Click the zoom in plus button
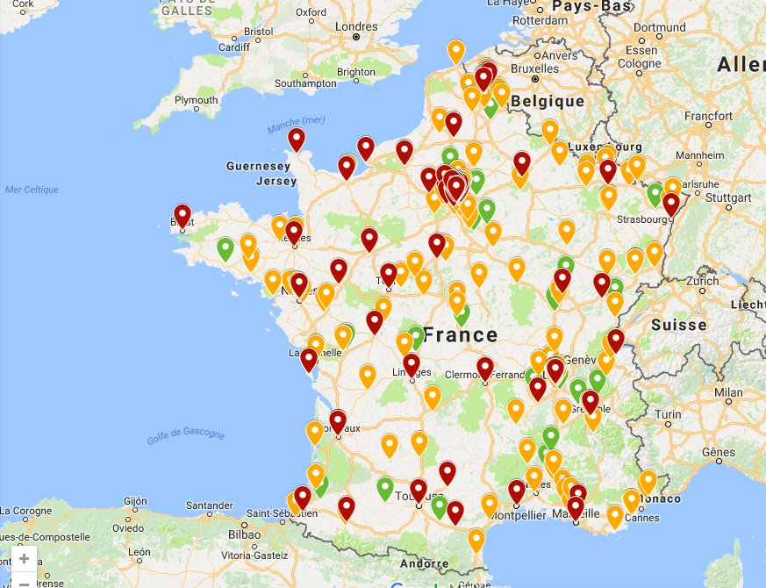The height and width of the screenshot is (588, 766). click(24, 558)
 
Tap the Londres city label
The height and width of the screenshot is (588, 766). click(356, 25)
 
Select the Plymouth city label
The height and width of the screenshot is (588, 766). click(196, 101)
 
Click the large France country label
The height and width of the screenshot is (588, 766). click(460, 335)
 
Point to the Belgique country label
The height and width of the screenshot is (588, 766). click(548, 102)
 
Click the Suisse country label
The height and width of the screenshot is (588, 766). click(678, 325)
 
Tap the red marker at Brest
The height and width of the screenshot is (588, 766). click(183, 215)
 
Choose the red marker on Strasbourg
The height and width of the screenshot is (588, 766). click(671, 204)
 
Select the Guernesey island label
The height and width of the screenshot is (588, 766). click(258, 166)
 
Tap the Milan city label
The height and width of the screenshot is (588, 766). click(727, 393)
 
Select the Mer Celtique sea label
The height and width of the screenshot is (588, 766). click(32, 190)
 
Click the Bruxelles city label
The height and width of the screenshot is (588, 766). click(534, 68)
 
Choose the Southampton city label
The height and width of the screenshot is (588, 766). click(304, 83)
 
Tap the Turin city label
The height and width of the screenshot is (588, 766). click(668, 414)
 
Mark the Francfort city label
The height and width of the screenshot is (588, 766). click(708, 116)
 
